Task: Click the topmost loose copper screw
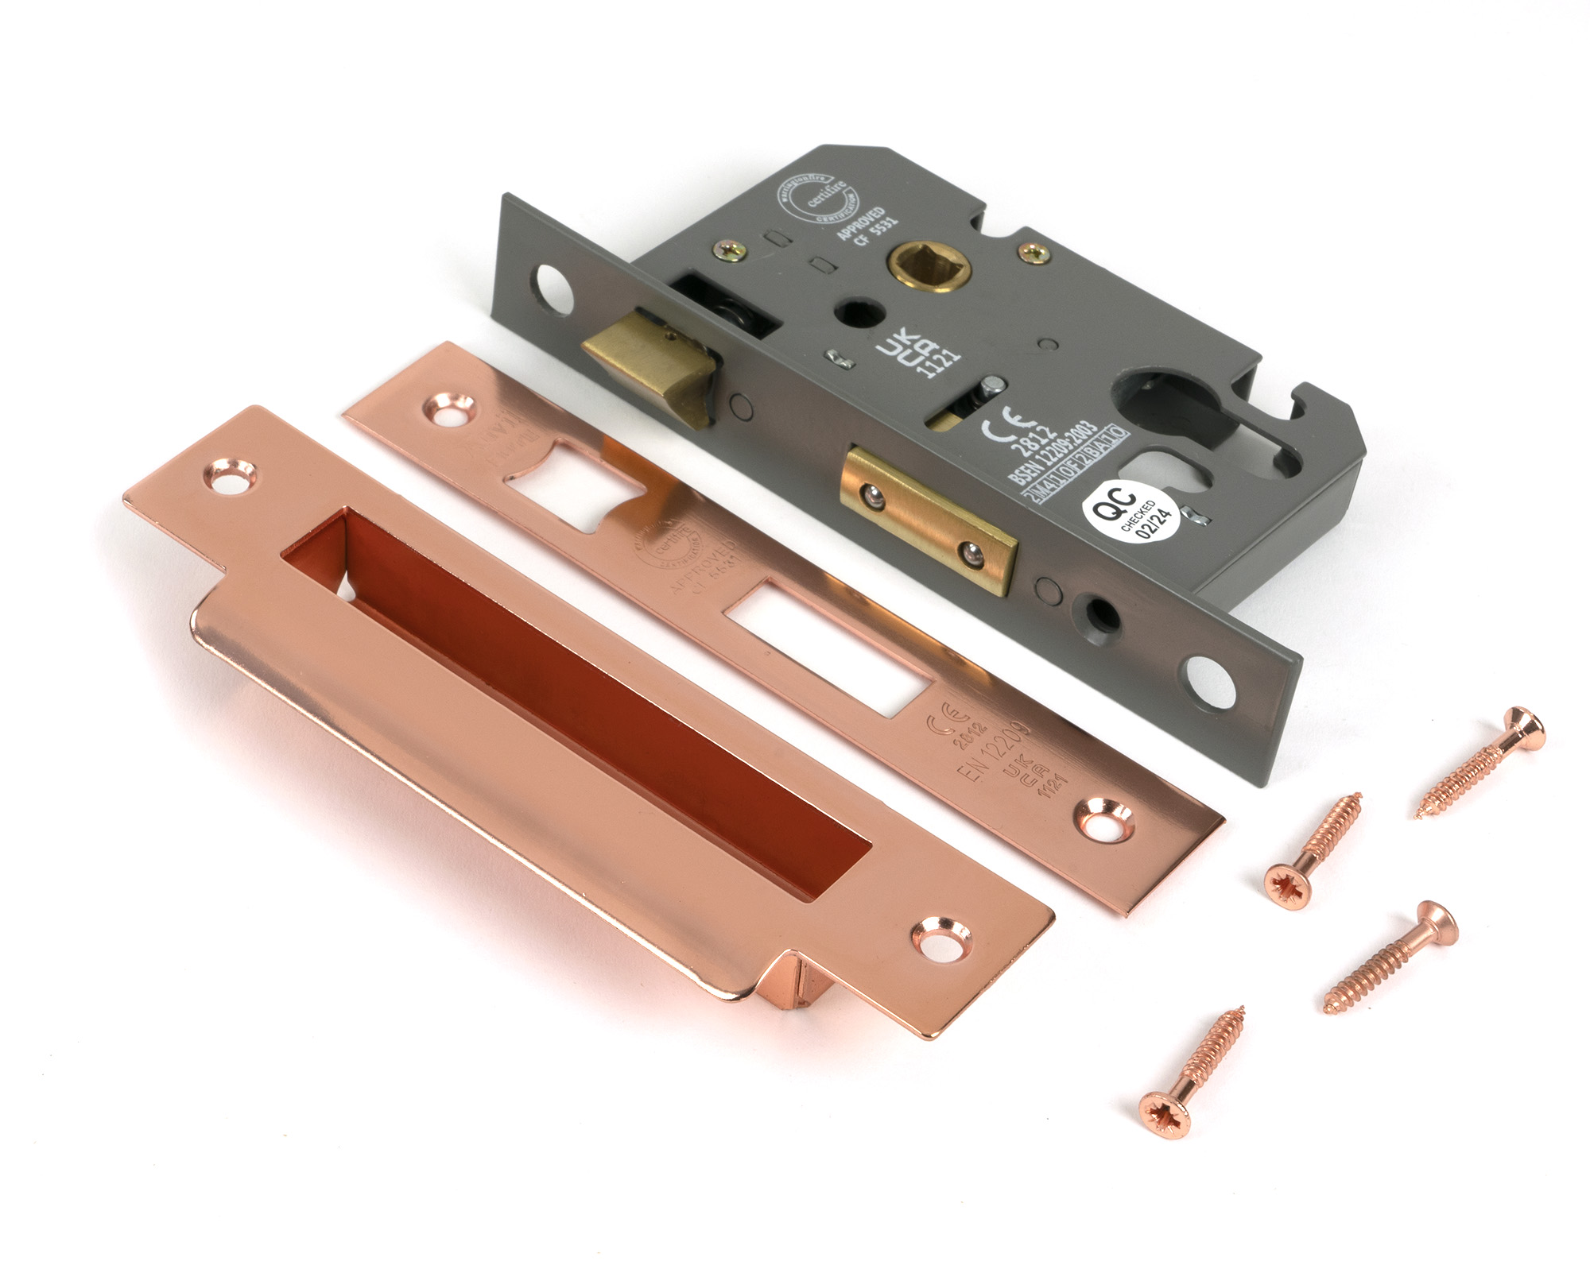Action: [1481, 761]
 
